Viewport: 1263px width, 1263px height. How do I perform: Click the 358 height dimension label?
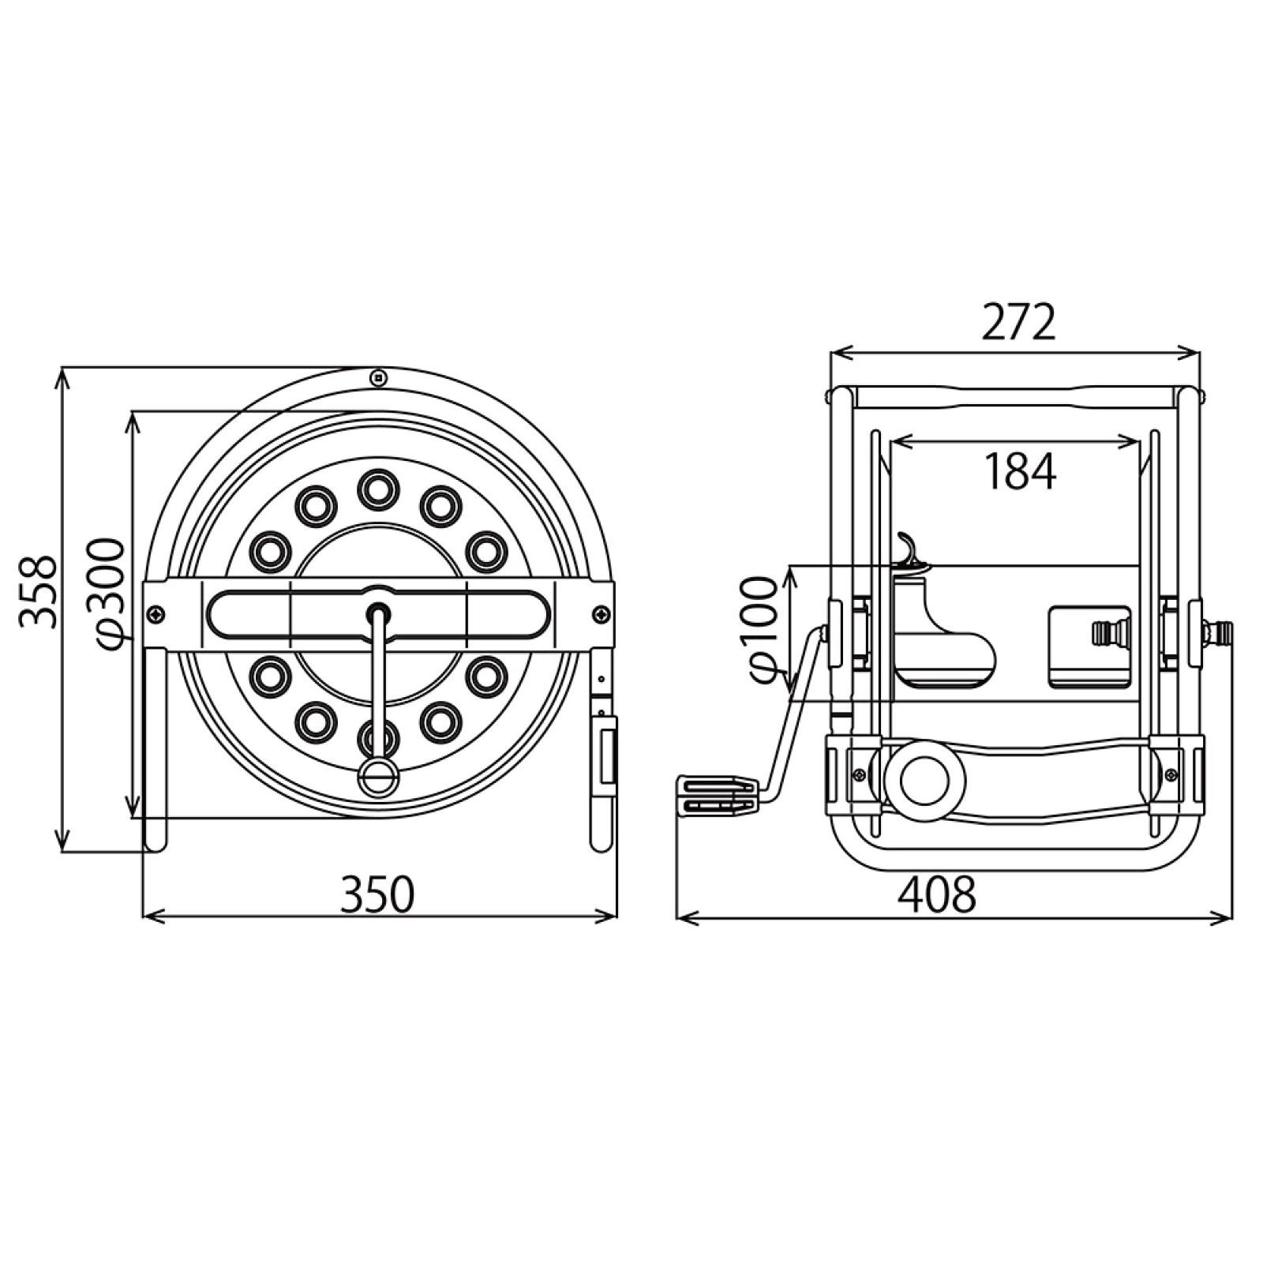(39, 591)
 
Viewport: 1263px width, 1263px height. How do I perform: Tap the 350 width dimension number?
(377, 894)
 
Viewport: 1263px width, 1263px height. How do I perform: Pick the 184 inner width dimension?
(1019, 471)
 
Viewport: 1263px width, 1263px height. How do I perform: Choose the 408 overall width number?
(939, 894)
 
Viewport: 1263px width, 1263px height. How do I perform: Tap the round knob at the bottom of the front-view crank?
(377, 776)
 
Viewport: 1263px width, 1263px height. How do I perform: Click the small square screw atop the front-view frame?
(379, 377)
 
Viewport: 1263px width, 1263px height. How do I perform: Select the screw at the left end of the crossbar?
(156, 613)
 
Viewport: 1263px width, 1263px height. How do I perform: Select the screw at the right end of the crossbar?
(602, 613)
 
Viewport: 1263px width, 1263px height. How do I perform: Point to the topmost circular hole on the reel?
(378, 489)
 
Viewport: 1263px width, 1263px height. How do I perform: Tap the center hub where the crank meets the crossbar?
(379, 612)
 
